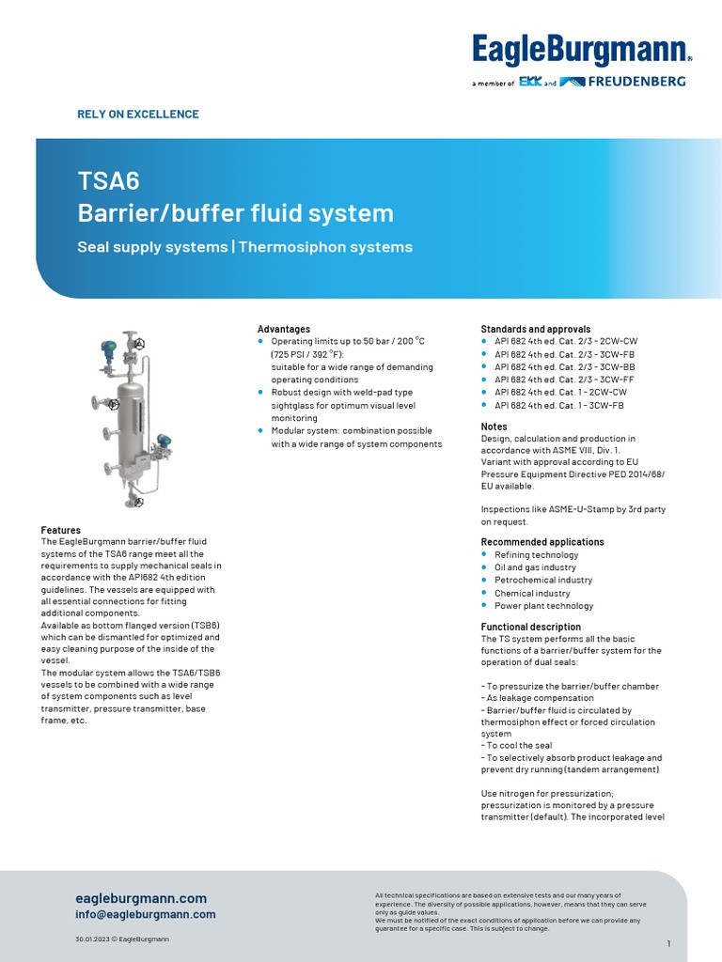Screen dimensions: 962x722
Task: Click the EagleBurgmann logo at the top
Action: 581,49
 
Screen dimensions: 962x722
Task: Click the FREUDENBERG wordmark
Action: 636,82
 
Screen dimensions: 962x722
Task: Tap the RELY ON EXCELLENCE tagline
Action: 137,115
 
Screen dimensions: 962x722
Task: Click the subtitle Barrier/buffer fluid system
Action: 235,213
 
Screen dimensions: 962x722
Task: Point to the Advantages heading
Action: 284,329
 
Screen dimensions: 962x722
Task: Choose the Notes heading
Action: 494,427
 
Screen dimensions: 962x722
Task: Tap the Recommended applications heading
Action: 542,542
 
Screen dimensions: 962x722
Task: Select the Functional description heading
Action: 531,627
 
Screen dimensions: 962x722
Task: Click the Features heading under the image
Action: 61,530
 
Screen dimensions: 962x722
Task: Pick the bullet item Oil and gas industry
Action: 535,567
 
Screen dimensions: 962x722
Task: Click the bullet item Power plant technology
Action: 543,606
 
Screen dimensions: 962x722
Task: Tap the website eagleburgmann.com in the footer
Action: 141,898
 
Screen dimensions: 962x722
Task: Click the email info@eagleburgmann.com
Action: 146,914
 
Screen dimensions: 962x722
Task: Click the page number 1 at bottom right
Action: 668,943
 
